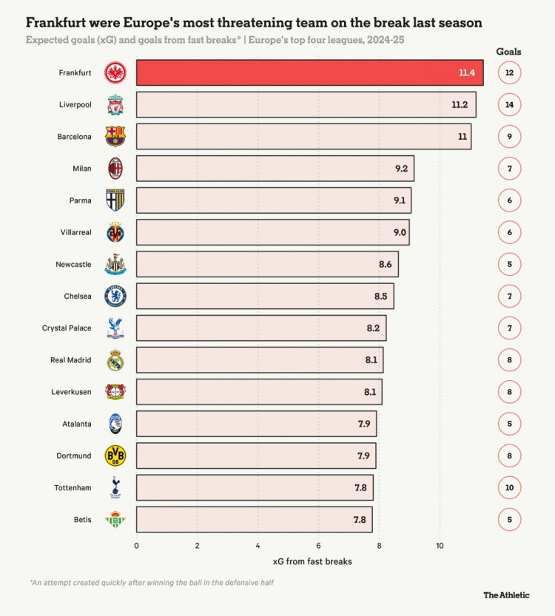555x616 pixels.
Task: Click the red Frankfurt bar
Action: (309, 72)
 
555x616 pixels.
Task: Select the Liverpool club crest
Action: (115, 104)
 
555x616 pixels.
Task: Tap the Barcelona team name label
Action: (74, 137)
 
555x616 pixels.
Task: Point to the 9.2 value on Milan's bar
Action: (401, 169)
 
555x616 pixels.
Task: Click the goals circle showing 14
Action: (509, 104)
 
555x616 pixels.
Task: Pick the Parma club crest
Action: (115, 200)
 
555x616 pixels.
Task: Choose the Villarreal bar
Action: (272, 232)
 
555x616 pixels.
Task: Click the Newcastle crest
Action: (115, 264)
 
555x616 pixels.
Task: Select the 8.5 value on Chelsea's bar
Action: (381, 297)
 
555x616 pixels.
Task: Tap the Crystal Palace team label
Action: (67, 328)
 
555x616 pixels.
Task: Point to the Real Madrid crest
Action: (115, 360)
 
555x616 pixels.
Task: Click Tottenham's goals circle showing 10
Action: (509, 487)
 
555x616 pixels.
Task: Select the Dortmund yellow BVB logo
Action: (115, 456)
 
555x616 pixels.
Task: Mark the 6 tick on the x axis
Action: (318, 546)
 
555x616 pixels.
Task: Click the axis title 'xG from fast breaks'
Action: (312, 561)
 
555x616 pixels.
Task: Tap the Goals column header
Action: (508, 52)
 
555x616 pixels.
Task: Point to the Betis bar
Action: (254, 519)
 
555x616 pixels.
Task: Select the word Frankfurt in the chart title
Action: (58, 23)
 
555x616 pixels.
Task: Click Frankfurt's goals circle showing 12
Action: (509, 72)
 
